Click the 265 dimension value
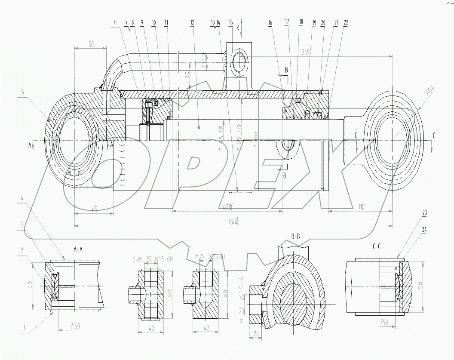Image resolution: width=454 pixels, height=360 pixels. point(306,52)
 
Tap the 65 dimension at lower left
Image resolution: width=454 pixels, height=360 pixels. point(95,209)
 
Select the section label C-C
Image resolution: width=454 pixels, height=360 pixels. point(377,247)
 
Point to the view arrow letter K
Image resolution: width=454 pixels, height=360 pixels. point(237,27)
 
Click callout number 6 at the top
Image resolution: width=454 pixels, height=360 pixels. point(116,22)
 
